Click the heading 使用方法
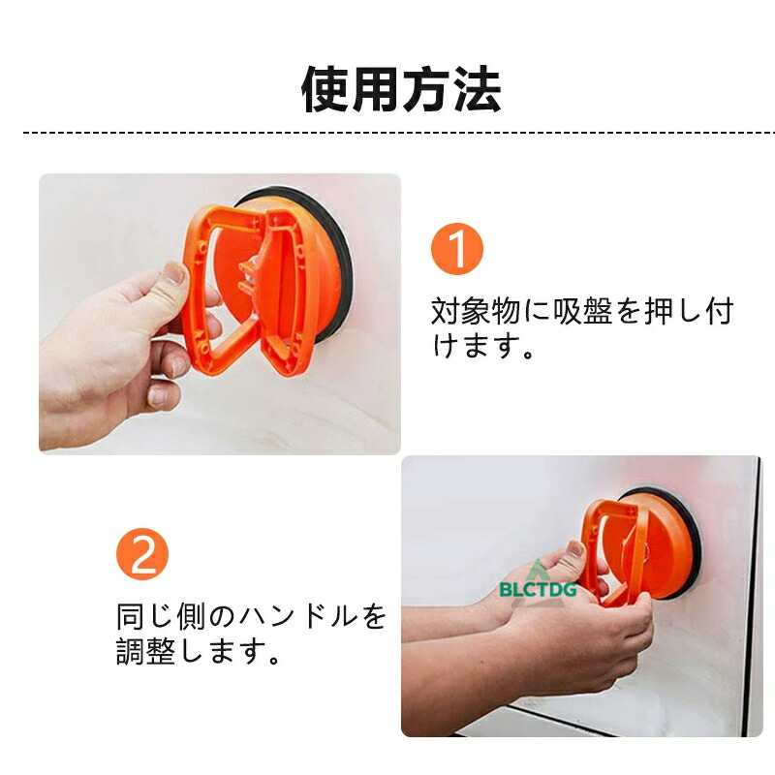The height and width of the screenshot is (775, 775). pos(401,89)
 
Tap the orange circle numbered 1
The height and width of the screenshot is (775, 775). pos(457,249)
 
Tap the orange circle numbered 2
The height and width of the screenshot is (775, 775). pos(142,554)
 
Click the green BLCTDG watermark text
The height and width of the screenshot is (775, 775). pos(538,590)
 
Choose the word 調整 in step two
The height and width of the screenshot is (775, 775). pos(146,651)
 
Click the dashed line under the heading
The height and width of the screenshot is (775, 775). pos(398,133)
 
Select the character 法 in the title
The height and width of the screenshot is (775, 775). pos(479,89)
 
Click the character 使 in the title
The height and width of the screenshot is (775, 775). pos(325,89)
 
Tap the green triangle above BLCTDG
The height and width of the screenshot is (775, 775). pos(538,570)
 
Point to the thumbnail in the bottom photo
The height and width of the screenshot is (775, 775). pos(575,548)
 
